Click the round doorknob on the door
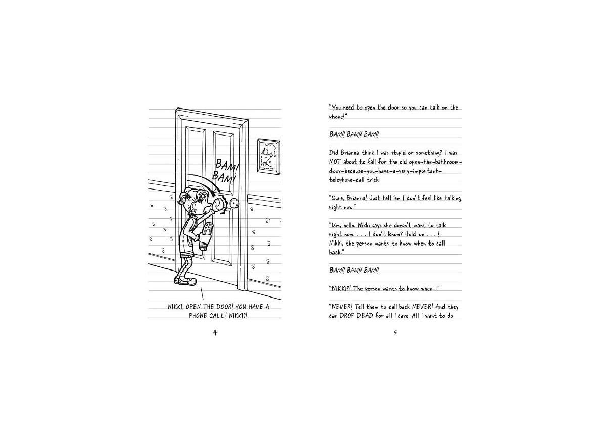(234, 204)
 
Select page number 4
(215, 333)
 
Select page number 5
(395, 333)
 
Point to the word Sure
(337, 198)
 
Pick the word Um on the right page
(335, 225)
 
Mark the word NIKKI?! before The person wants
(340, 289)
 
